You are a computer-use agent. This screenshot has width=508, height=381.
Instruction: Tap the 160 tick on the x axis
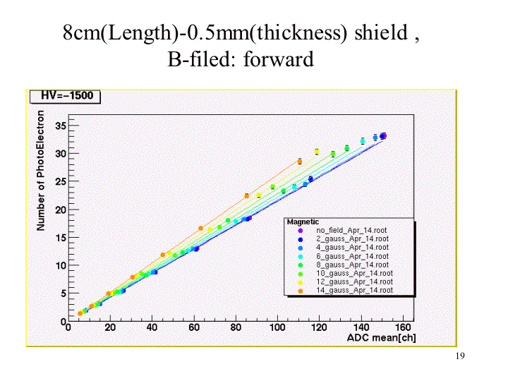coord(404,328)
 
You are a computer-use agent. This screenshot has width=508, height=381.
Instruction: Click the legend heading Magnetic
coord(303,222)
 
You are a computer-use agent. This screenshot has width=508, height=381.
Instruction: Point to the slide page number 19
coord(460,356)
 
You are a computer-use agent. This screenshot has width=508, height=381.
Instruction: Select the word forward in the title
coord(278,59)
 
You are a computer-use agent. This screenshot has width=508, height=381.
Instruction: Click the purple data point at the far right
coord(384,135)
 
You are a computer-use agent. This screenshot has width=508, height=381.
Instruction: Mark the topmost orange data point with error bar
coord(299,162)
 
